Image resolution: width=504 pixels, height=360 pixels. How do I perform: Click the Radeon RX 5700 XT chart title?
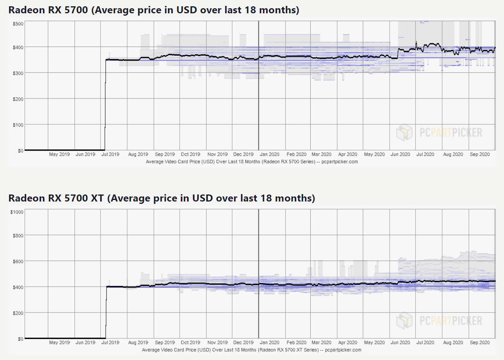click(162, 198)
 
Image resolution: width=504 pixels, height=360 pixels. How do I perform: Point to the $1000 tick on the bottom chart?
click(18, 212)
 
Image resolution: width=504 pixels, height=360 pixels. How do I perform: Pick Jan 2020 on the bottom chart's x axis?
click(269, 343)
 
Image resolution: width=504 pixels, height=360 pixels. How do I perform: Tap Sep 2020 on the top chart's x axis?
click(479, 155)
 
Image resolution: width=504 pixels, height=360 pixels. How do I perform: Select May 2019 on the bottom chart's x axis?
click(59, 343)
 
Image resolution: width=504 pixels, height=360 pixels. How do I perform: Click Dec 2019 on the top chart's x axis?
click(243, 155)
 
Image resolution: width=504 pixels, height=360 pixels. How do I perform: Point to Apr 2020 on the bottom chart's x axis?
click(347, 343)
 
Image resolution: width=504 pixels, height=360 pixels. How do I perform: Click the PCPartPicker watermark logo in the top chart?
click(439, 133)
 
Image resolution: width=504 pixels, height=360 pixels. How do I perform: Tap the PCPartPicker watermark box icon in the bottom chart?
click(404, 321)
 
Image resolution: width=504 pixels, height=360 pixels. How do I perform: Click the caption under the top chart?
click(252, 161)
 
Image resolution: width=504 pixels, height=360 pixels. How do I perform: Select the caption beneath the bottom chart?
click(252, 349)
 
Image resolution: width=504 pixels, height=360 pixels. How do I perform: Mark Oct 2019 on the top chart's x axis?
click(190, 155)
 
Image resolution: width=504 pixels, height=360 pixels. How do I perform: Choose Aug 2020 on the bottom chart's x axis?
click(453, 343)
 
